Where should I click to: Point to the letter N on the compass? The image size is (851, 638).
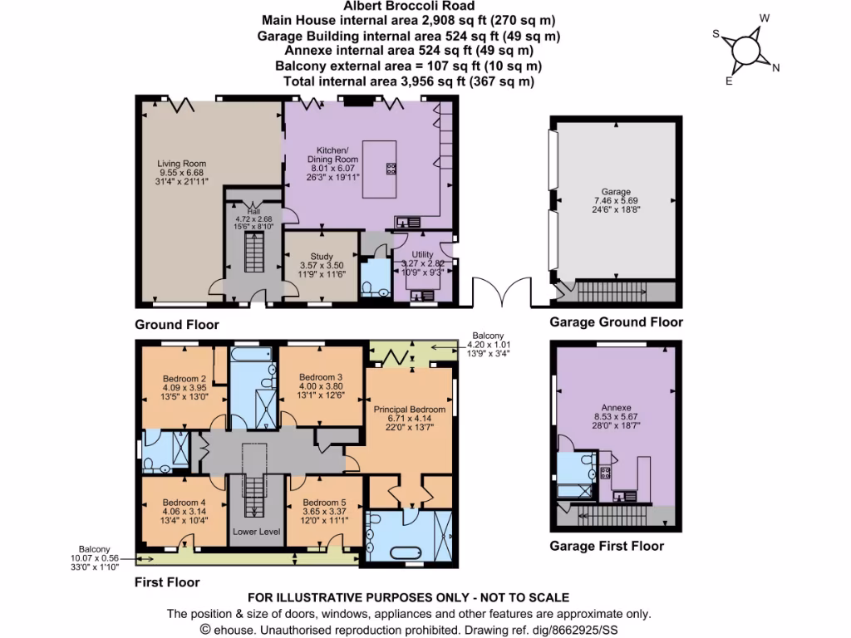(775, 69)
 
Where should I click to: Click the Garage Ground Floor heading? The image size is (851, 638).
(616, 322)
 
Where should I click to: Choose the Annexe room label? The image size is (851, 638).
(613, 420)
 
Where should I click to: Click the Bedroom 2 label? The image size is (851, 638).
(184, 385)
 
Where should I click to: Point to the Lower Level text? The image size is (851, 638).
(256, 532)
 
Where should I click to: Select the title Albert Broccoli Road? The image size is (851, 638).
(408, 5)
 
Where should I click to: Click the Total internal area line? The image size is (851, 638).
(408, 81)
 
